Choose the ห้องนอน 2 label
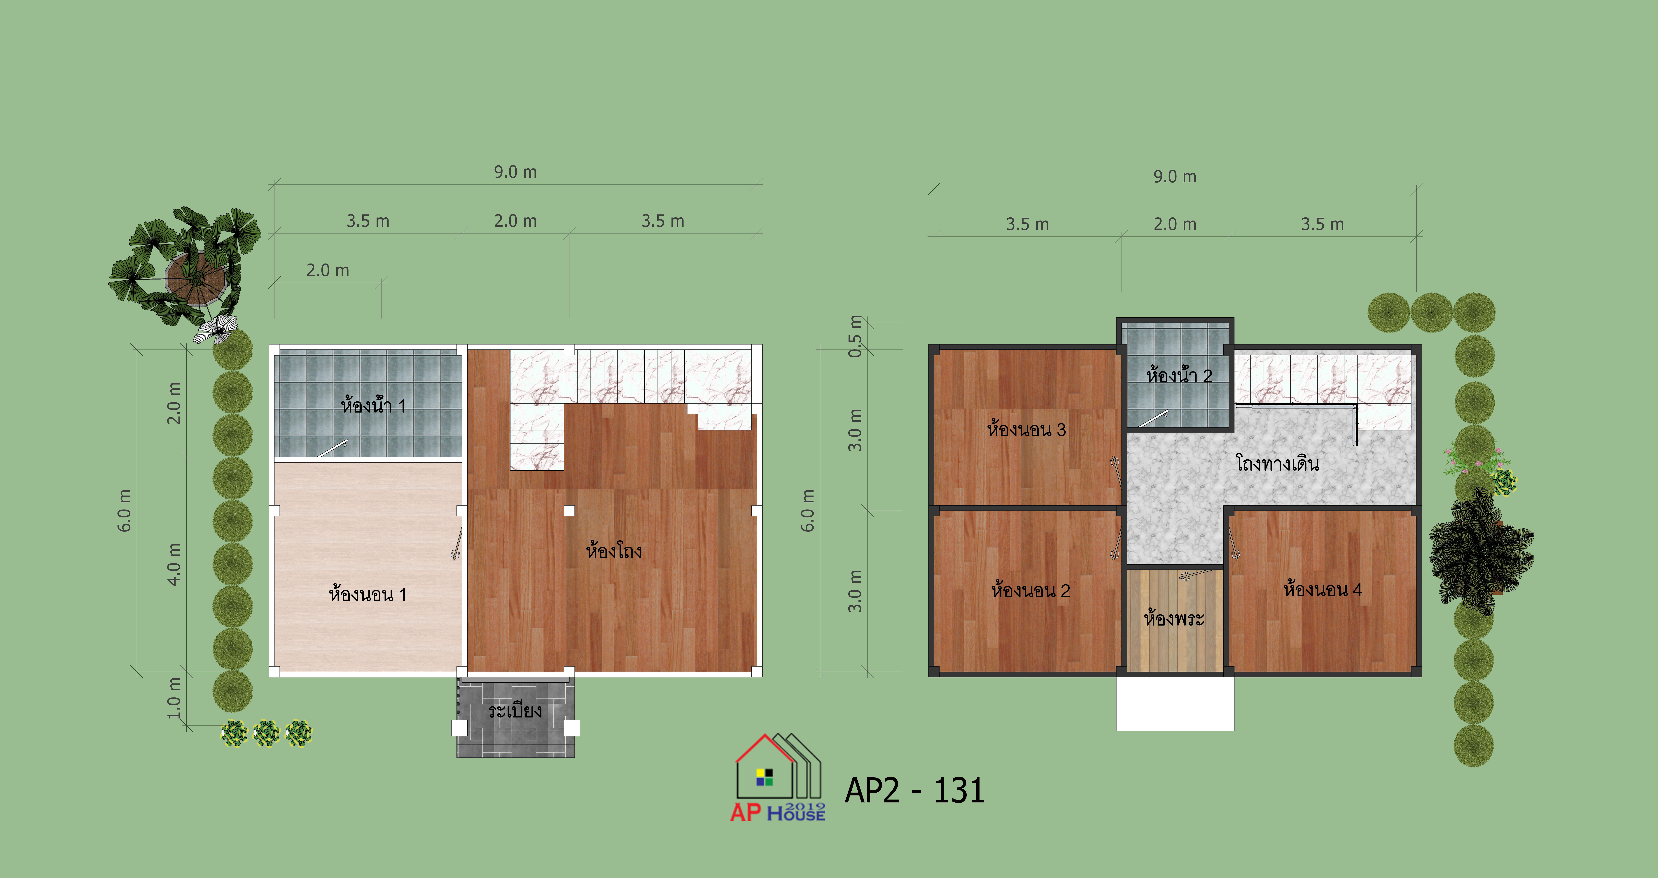[x=1031, y=590]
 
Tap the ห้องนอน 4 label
[x=1323, y=589]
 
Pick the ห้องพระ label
[x=1174, y=618]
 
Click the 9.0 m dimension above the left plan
[x=515, y=172]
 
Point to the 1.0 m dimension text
[x=174, y=698]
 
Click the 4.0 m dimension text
[x=174, y=564]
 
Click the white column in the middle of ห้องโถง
[x=569, y=511]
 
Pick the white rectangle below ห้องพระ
[x=1175, y=703]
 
